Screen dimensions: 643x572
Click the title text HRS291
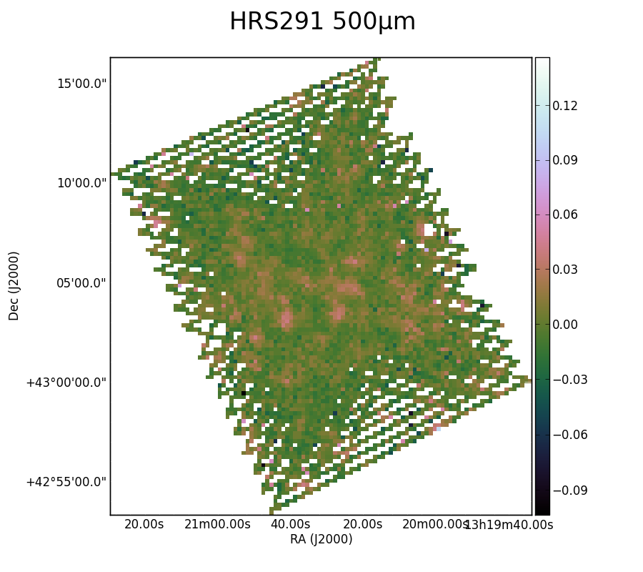pyautogui.click(x=276, y=21)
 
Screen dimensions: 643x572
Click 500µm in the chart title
pyautogui.click(x=374, y=22)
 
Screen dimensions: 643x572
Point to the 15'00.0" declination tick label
pyautogui.click(x=81, y=84)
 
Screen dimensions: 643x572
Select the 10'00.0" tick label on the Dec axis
pyautogui.click(x=81, y=183)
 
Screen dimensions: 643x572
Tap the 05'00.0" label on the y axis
pyautogui.click(x=81, y=283)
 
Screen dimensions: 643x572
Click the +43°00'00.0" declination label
pyautogui.click(x=66, y=383)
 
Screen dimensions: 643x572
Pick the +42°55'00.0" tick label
pyautogui.click(x=66, y=482)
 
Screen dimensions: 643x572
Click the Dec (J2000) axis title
pyautogui.click(x=14, y=286)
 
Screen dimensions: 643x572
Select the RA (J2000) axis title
pyautogui.click(x=321, y=539)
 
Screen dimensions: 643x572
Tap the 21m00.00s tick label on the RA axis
pyautogui.click(x=217, y=524)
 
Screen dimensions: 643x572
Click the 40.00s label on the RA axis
pyautogui.click(x=290, y=524)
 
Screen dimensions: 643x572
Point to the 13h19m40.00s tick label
pyautogui.click(x=509, y=524)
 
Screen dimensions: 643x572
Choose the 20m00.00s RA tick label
pyautogui.click(x=434, y=524)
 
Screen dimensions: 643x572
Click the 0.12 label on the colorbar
pyautogui.click(x=564, y=107)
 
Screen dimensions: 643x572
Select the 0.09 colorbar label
pyautogui.click(x=564, y=160)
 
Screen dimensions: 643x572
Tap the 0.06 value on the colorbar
pyautogui.click(x=564, y=215)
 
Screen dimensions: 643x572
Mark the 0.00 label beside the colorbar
pyautogui.click(x=564, y=325)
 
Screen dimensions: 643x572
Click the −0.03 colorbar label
pyautogui.click(x=570, y=380)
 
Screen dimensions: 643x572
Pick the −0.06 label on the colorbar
pyautogui.click(x=570, y=435)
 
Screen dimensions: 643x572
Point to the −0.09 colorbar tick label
pyautogui.click(x=570, y=490)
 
